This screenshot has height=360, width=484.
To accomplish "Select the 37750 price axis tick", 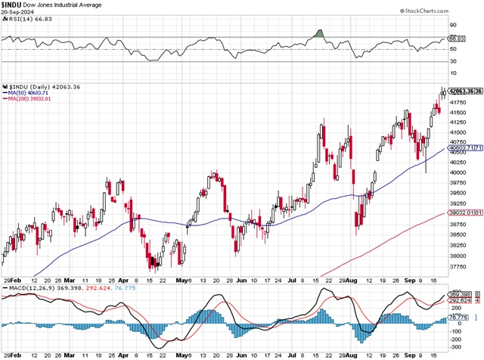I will click(x=459, y=265).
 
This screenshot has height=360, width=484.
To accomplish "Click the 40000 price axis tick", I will click(x=459, y=173).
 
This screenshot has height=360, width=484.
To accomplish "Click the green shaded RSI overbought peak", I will click(x=319, y=33).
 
